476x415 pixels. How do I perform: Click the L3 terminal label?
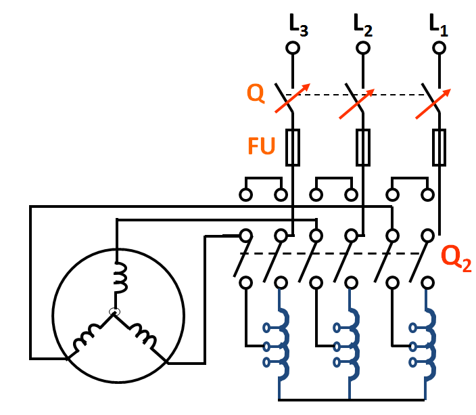(297, 26)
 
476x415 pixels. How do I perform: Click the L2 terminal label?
(363, 26)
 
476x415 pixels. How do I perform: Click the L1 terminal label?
(438, 26)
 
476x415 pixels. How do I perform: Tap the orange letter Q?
(256, 94)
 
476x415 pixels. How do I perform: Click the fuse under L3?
(293, 148)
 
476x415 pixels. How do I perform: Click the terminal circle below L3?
(293, 48)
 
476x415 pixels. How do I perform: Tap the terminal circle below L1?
(439, 48)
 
